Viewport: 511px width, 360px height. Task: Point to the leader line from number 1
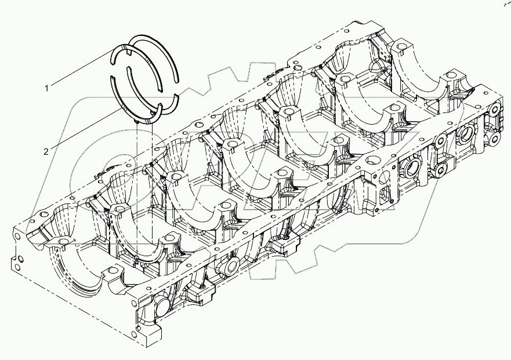pos(81,70)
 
